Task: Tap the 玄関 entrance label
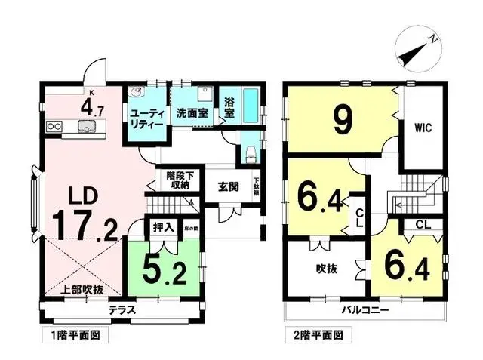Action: click(x=228, y=187)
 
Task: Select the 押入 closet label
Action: click(x=163, y=226)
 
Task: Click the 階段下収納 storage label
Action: click(x=180, y=180)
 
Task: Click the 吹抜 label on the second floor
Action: click(x=325, y=267)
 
